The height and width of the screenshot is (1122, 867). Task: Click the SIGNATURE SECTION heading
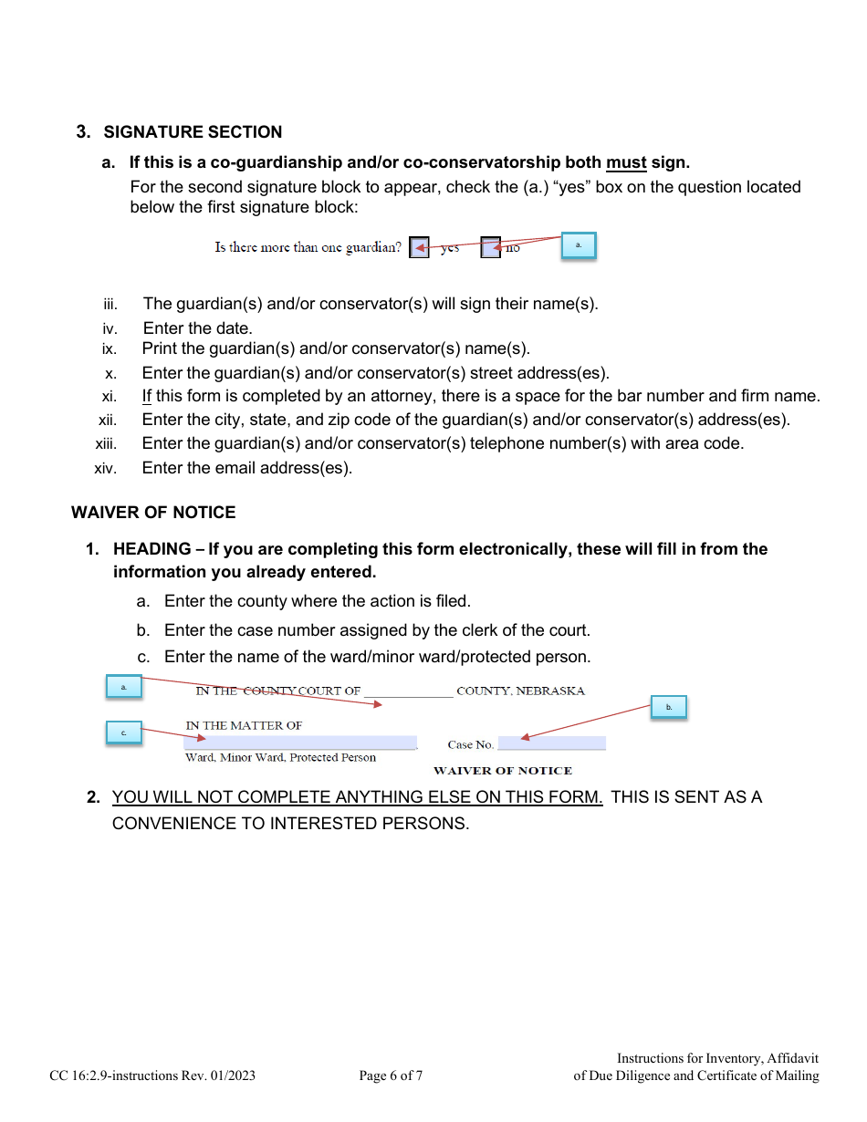coord(193,132)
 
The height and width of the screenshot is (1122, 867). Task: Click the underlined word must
coord(626,163)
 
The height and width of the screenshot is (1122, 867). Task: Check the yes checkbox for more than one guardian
coord(419,247)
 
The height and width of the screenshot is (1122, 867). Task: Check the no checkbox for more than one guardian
coord(491,247)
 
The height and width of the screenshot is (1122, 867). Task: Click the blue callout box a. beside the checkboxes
coord(578,245)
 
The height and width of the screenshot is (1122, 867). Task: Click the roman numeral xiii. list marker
coord(107,444)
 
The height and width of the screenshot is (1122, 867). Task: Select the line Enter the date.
coord(197,328)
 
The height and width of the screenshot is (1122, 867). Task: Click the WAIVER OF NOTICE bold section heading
coord(153,513)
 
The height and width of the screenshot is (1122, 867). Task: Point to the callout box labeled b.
coord(668,707)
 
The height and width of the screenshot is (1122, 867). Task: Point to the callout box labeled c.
coord(124,732)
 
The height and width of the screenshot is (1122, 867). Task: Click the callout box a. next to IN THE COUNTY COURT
coord(124,687)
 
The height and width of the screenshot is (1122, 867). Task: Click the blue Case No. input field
coord(551,743)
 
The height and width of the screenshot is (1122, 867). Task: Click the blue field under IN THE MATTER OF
coord(300,743)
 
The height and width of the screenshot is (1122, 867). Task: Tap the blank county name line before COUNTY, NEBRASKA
coord(408,691)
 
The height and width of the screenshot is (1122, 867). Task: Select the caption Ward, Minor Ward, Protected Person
coord(280,758)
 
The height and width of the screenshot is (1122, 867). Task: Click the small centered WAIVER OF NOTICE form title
coord(502,771)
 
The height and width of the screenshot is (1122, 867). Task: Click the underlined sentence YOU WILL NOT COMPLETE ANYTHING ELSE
coord(357,797)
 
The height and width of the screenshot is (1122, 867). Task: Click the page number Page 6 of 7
coord(391,1076)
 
